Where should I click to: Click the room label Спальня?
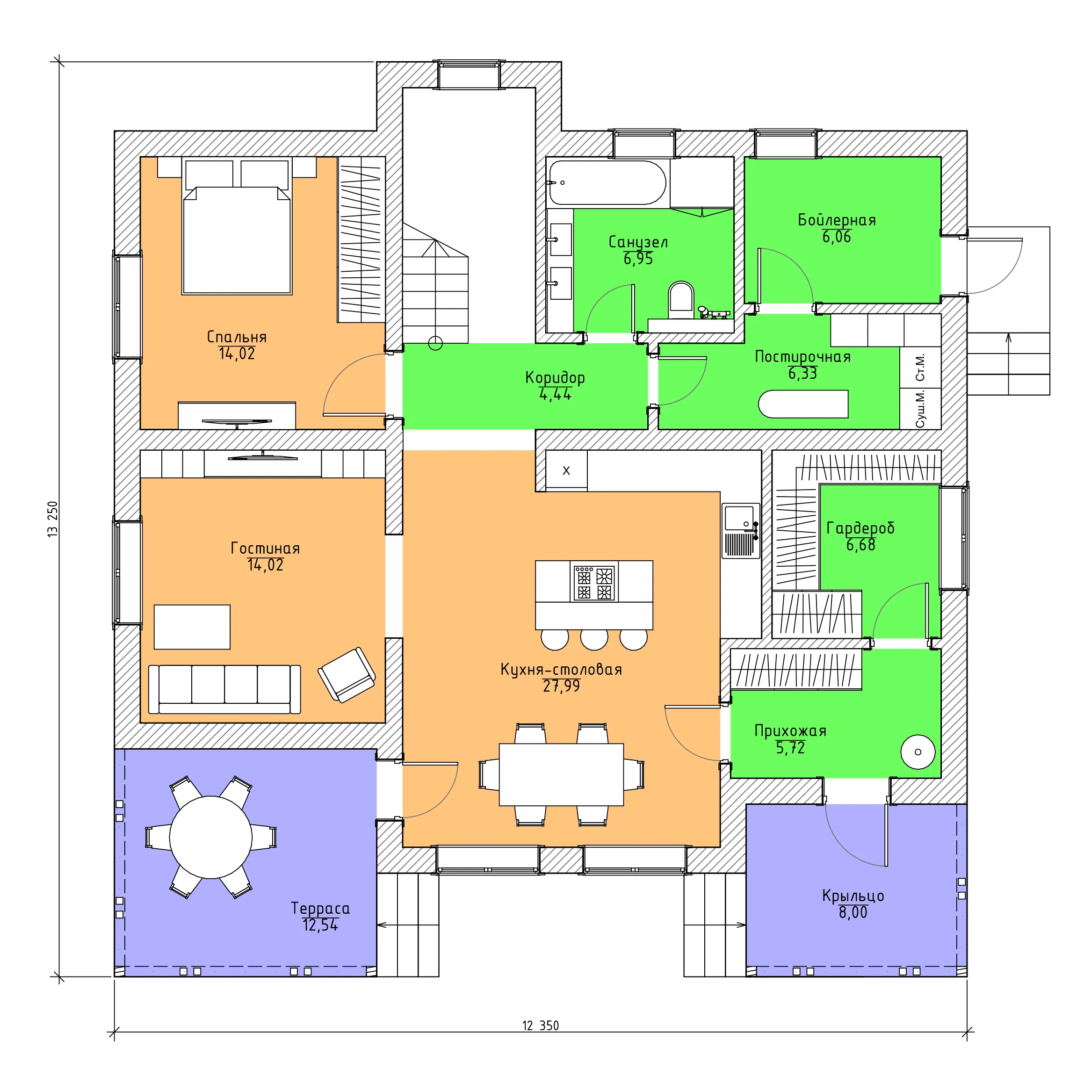coord(237,337)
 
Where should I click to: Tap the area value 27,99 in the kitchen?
coord(561,686)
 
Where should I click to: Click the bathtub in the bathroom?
coord(607,183)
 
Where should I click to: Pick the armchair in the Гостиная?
coord(347,674)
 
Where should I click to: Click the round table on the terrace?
coord(210,837)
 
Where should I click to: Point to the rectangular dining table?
coord(561,775)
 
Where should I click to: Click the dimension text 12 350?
coord(541,1026)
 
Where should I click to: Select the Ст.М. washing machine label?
coord(920,367)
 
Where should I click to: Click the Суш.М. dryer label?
coord(920,408)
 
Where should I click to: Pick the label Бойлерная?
coord(837,220)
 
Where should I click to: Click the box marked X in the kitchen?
coord(566,470)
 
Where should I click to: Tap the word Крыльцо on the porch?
coord(853,896)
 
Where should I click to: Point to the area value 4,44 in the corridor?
coord(556,395)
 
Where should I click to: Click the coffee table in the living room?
coord(192,627)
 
